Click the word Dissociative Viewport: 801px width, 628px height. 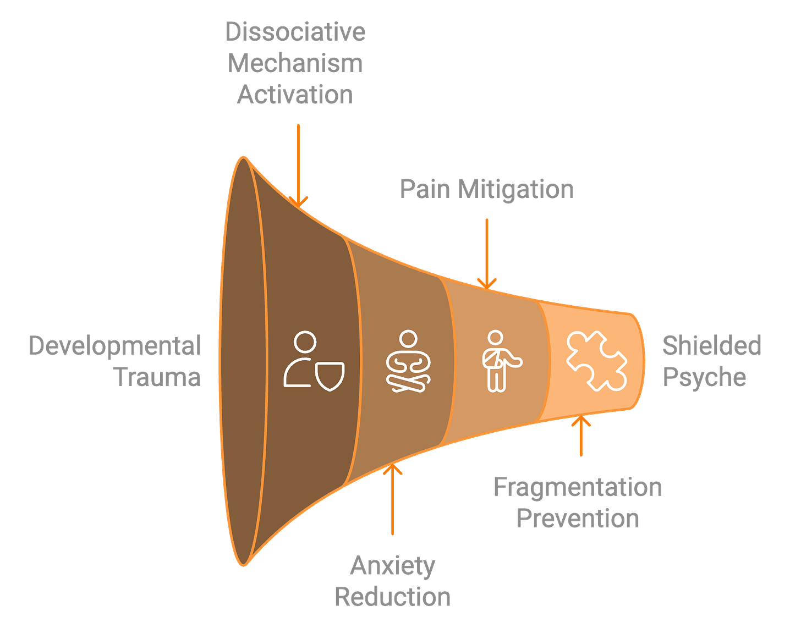click(295, 32)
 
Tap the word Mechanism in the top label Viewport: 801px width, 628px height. click(295, 63)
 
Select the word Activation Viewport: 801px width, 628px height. click(295, 95)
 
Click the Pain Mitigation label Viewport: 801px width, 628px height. click(486, 189)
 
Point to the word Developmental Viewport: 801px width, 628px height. click(116, 346)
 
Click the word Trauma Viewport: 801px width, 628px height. click(157, 377)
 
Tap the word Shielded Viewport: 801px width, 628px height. click(711, 346)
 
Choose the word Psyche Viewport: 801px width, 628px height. click(705, 377)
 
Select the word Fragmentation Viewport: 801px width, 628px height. click(577, 487)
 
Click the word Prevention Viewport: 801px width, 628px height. click(578, 519)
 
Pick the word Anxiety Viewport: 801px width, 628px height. click(393, 566)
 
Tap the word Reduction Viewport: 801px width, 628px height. click(393, 597)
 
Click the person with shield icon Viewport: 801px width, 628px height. click(314, 360)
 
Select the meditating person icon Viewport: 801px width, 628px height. click(408, 361)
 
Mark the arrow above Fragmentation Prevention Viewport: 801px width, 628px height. click(580, 438)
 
